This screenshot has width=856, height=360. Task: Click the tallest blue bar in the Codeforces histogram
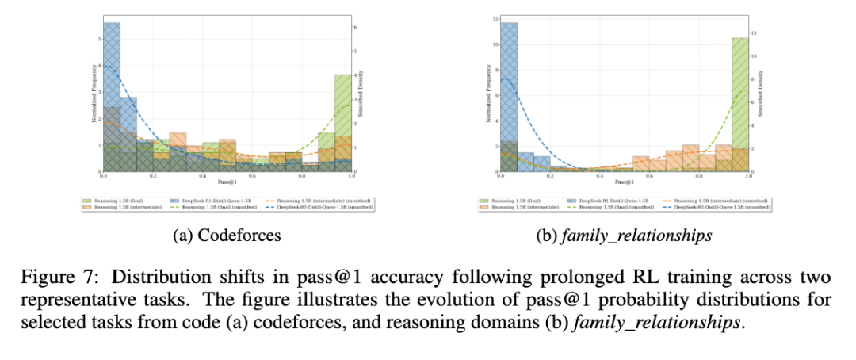click(x=112, y=95)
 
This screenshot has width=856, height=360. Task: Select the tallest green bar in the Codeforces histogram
click(x=342, y=123)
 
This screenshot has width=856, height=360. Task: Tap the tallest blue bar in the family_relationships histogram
click(x=509, y=95)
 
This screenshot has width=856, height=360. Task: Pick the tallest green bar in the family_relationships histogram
click(x=739, y=103)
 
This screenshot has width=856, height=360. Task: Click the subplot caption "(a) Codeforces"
click(x=227, y=236)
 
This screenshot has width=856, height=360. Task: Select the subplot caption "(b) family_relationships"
click(x=625, y=236)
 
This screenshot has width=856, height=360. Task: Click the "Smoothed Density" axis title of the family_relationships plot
click(x=761, y=94)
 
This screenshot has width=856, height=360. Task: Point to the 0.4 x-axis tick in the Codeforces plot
click(x=203, y=176)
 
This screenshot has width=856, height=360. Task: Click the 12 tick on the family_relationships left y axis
click(x=495, y=18)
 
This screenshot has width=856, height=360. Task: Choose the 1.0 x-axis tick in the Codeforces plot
click(x=351, y=176)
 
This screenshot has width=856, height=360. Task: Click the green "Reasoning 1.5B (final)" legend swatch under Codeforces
click(x=87, y=201)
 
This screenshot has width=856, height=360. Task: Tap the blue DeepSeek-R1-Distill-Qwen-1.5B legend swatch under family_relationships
click(x=569, y=201)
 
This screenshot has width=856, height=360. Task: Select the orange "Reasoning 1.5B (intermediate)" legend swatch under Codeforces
click(x=87, y=208)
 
